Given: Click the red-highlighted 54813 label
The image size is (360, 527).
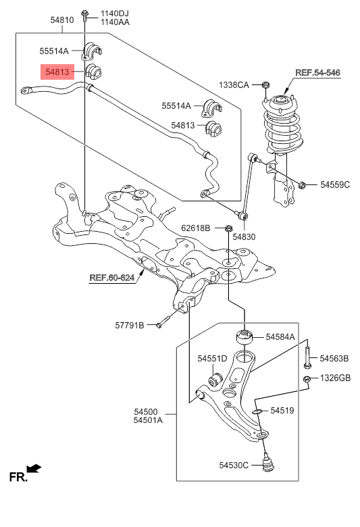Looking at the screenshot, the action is pyautogui.click(x=57, y=72).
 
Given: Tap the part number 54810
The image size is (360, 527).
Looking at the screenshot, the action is pyautogui.click(x=62, y=20).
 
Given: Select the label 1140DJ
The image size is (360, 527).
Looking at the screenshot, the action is pyautogui.click(x=115, y=14).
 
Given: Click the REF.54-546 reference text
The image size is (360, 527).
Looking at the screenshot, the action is pyautogui.click(x=317, y=72).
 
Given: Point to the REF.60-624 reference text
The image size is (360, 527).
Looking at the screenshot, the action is pyautogui.click(x=112, y=278).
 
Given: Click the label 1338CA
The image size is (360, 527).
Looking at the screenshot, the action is pyautogui.click(x=234, y=85).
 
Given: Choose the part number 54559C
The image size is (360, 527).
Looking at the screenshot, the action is pyautogui.click(x=335, y=184).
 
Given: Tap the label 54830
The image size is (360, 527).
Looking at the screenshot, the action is pyautogui.click(x=244, y=237).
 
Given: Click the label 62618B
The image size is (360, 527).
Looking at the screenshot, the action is pyautogui.click(x=196, y=228).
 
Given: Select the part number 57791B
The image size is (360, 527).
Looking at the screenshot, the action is pyautogui.click(x=130, y=326).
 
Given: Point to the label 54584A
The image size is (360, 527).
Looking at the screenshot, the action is pyautogui.click(x=280, y=336).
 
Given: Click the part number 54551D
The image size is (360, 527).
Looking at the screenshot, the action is pyautogui.click(x=213, y=359).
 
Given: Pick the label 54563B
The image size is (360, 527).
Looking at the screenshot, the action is pyautogui.click(x=334, y=359).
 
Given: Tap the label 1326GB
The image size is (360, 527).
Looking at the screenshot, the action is pyautogui.click(x=335, y=378).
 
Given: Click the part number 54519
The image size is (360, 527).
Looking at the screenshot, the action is pyautogui.click(x=282, y=410).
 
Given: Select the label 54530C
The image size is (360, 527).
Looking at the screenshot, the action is pyautogui.click(x=234, y=465).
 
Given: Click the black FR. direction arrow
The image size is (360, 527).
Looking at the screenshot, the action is pyautogui.click(x=34, y=468).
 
